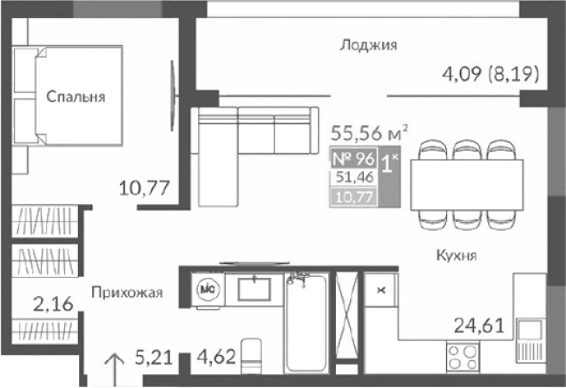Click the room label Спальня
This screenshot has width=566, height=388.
coord(76,97)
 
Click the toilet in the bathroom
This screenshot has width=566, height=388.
coord(252,358)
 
